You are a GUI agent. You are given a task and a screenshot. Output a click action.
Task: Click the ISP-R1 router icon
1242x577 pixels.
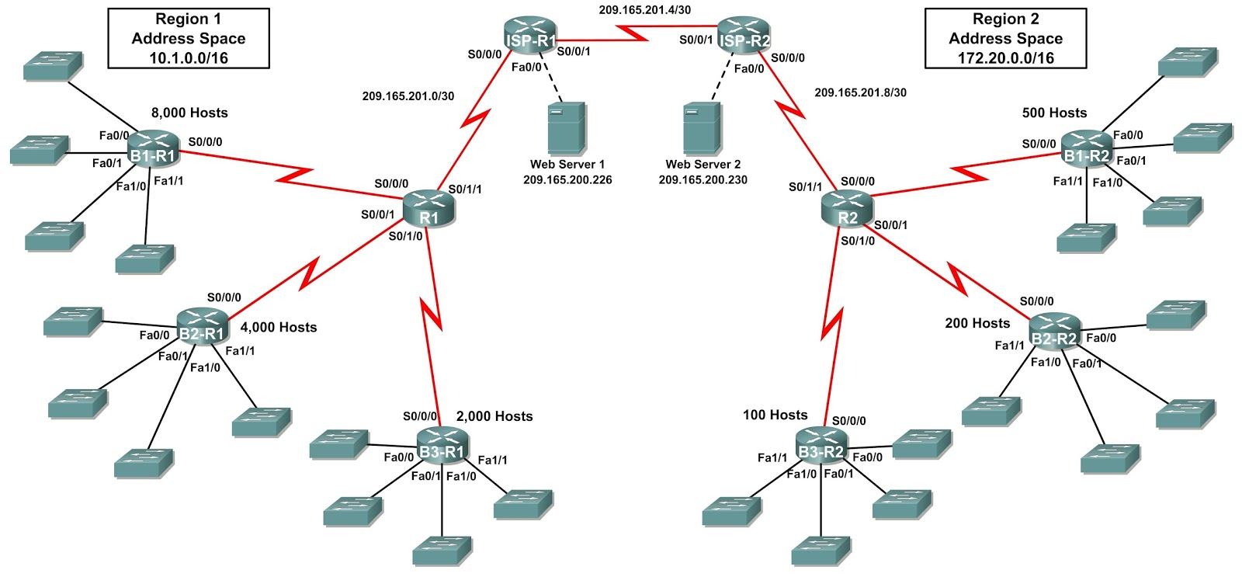pos(531,36)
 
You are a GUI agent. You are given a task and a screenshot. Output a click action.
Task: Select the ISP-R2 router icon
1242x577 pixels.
pos(744,36)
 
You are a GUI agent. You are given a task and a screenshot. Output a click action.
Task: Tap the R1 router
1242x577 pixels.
pos(428,211)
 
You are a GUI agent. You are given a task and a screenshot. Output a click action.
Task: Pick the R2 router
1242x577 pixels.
pos(847,211)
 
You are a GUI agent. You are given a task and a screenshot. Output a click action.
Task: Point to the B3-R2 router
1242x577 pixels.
pos(821,446)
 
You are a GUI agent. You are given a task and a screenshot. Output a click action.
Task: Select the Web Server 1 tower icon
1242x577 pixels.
pos(566,129)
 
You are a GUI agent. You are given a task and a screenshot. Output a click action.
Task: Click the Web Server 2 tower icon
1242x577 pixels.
pos(702,129)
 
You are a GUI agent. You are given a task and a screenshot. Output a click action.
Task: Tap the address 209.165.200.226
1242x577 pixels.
pos(567,180)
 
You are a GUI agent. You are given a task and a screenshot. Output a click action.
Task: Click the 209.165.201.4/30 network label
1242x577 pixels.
pos(644,10)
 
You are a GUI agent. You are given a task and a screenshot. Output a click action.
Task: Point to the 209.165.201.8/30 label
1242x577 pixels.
pos(860,92)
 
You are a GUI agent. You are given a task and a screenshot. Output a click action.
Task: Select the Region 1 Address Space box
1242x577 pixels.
pos(189,38)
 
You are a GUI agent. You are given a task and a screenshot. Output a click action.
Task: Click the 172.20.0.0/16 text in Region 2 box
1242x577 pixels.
pos(1005,58)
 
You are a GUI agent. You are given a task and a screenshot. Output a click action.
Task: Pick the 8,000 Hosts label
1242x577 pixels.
pos(189,113)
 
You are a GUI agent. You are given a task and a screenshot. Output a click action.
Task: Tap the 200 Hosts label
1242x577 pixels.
pos(977,323)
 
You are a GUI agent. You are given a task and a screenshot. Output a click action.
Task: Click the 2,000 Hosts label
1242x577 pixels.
pos(494,416)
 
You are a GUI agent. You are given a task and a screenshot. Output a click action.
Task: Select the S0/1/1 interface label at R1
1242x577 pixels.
pos(465,189)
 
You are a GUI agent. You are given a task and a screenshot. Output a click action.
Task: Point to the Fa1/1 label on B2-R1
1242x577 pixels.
pos(240,351)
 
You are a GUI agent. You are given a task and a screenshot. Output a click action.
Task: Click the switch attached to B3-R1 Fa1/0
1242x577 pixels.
pos(442,550)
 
